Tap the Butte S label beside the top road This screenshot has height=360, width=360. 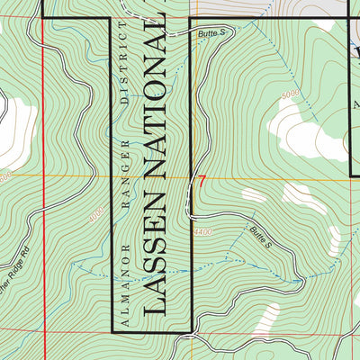[209, 32]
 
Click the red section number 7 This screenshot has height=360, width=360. [202, 181]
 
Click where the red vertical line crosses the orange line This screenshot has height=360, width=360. [44, 176]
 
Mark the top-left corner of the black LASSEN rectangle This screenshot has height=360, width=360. [111, 18]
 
